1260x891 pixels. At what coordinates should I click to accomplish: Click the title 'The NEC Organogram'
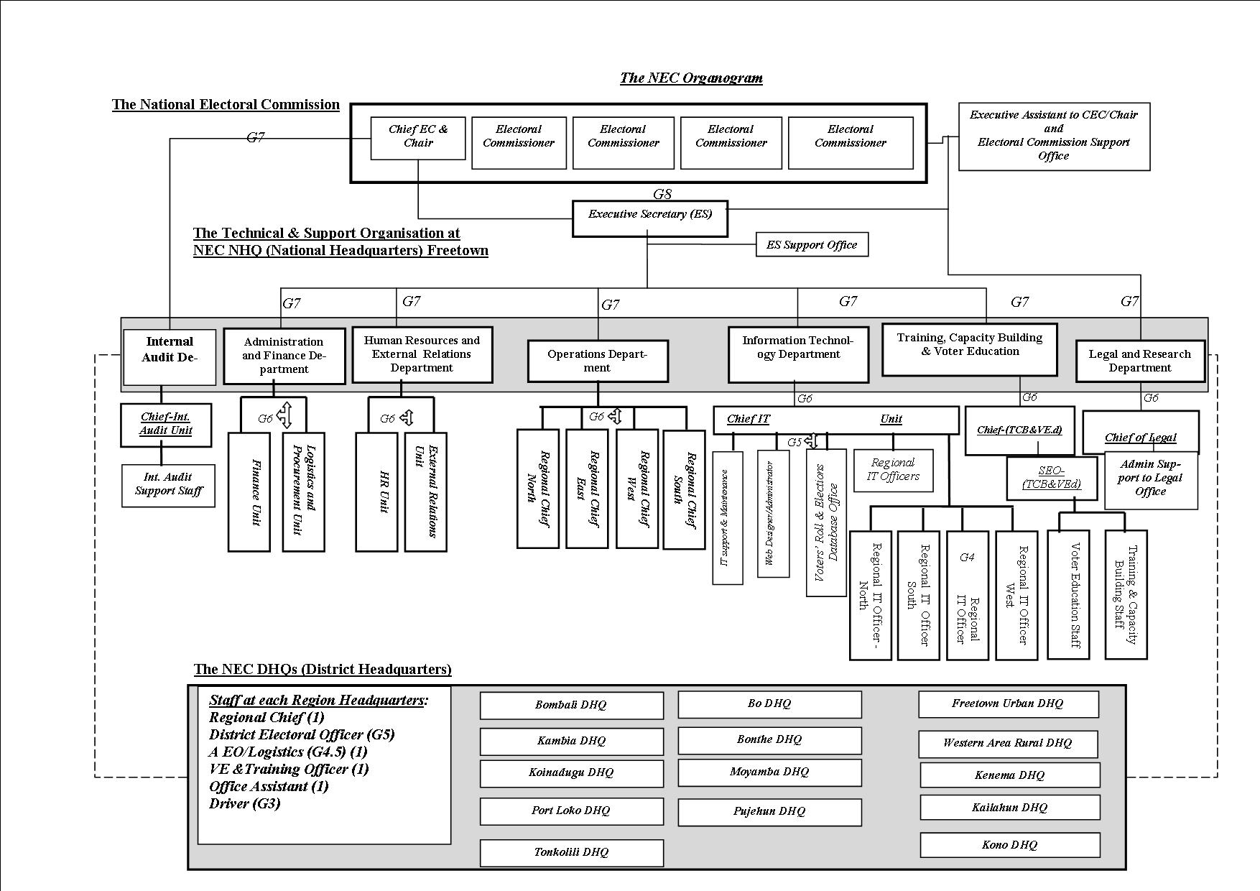[x=691, y=78]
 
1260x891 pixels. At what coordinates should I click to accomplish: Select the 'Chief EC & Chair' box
[x=417, y=137]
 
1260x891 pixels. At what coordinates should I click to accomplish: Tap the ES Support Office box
[x=812, y=244]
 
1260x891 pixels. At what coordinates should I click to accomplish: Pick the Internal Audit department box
[x=170, y=356]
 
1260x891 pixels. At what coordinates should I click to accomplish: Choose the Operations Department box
[x=597, y=361]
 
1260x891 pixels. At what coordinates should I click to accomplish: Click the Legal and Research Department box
[x=1139, y=361]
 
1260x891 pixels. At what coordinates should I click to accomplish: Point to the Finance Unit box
[x=249, y=491]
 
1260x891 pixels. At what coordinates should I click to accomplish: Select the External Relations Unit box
[x=425, y=491]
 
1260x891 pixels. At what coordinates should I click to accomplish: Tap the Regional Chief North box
[x=538, y=489]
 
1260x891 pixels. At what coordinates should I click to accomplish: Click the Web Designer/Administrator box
[x=773, y=513]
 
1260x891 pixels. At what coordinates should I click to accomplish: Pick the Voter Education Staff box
[x=1068, y=594]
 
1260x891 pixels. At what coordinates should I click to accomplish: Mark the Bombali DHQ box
[x=571, y=705]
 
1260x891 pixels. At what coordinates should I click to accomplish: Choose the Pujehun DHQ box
[x=769, y=811]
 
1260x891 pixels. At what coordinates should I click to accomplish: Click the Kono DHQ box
[x=1009, y=845]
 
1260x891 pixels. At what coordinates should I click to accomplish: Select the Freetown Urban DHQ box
[x=1008, y=703]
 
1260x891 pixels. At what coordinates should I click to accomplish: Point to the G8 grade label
[x=662, y=194]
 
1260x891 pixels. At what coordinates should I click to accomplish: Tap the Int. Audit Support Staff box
[x=168, y=485]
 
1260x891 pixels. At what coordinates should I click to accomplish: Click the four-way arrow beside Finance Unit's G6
[x=285, y=415]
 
